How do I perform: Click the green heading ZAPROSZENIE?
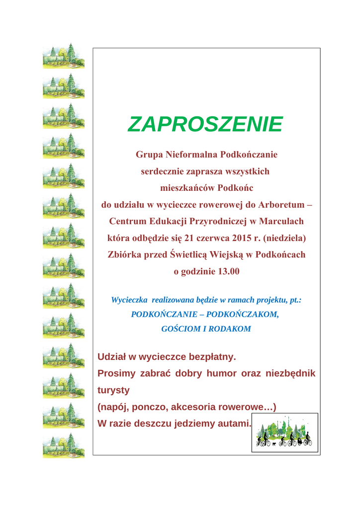205,124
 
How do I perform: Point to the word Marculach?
282,221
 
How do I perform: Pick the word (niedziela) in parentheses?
284,238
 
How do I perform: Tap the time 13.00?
227,271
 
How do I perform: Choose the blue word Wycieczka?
129,300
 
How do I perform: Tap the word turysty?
113,390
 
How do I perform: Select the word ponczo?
152,407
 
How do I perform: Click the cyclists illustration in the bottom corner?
284,432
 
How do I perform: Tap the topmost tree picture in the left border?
64,56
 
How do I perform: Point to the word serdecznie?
162,171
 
